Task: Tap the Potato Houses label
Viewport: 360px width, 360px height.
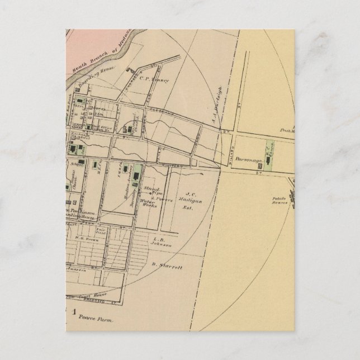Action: tap(281, 201)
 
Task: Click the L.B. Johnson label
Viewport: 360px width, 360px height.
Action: tap(160, 241)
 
